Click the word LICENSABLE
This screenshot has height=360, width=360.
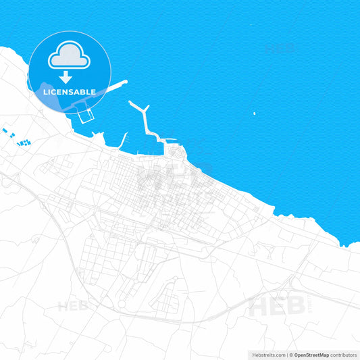click(70, 91)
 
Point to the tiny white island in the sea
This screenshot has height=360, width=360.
click(254, 113)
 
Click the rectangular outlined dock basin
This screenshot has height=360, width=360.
click(84, 115)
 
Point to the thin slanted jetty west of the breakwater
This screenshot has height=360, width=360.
click(124, 139)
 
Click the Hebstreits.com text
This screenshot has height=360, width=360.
click(268, 355)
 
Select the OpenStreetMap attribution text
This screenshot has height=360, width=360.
click(311, 355)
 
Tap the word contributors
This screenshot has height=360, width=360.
click(344, 355)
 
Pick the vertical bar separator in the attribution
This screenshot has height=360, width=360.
click(286, 355)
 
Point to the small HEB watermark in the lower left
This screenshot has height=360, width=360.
click(73, 305)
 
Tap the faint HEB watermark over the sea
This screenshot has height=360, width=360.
click(280, 49)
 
